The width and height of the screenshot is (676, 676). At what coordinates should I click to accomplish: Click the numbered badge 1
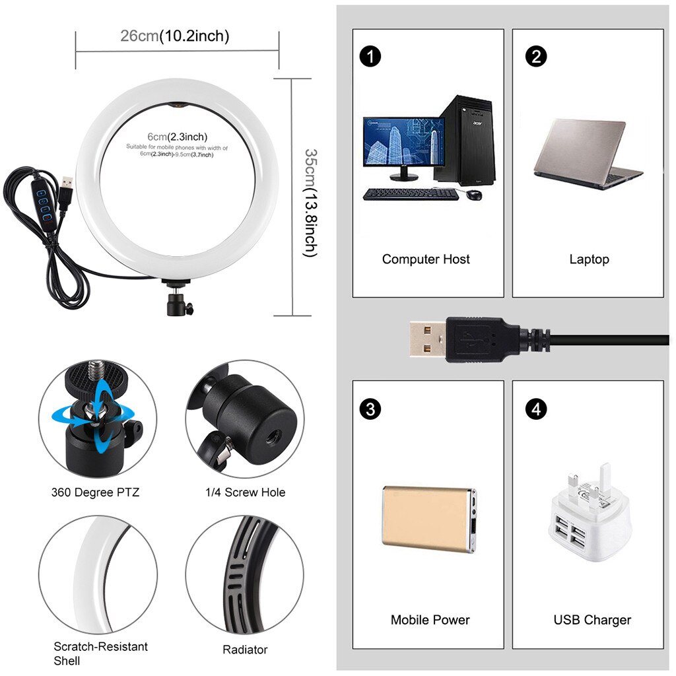(x=371, y=56)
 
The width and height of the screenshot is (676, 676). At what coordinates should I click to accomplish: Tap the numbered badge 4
(x=536, y=409)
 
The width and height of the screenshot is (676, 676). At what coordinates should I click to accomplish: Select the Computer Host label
(x=426, y=259)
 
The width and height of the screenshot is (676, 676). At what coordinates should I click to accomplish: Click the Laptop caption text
(x=589, y=259)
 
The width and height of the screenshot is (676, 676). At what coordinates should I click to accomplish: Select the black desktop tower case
(x=464, y=139)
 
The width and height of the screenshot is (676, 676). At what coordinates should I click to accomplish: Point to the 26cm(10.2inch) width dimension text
(x=175, y=36)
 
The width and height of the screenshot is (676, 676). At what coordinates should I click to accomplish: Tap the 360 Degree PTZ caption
(x=96, y=492)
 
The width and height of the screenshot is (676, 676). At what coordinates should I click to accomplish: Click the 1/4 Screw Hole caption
(x=245, y=492)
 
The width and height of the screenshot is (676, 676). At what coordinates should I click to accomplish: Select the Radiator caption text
(x=245, y=650)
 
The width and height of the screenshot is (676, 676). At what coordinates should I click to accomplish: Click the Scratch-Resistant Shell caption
(x=100, y=654)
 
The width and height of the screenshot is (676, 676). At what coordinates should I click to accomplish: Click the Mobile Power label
(x=430, y=620)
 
